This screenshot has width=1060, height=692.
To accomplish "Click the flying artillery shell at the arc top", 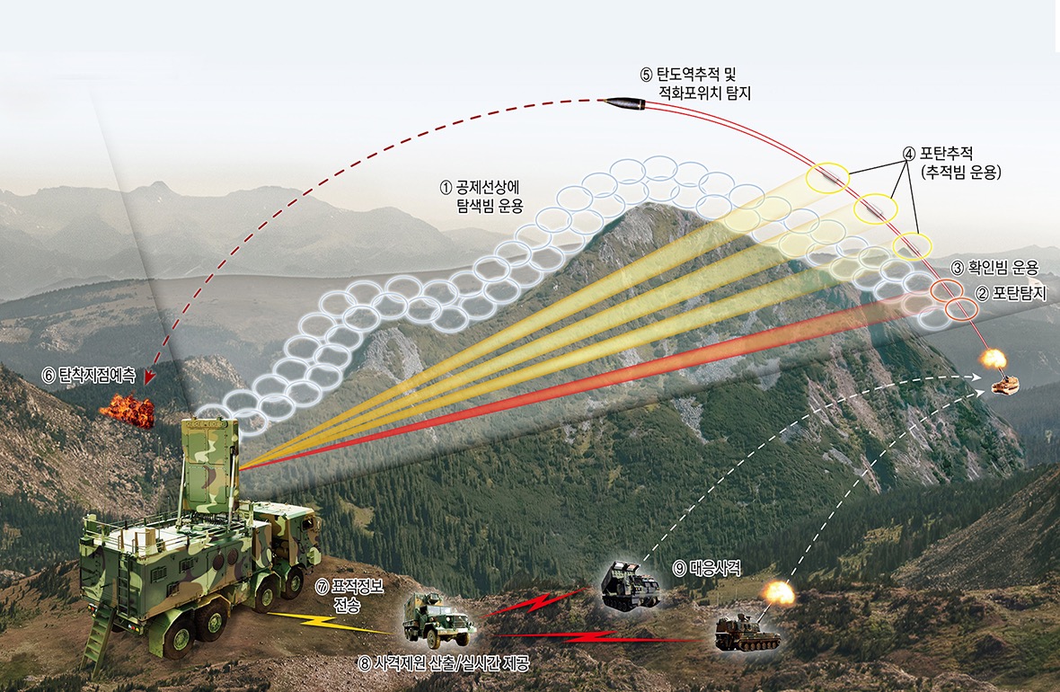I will pos(624,104).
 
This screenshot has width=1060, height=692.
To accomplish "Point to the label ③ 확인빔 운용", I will pos(994,268).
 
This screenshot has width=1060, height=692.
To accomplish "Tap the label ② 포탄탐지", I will pos(1011,292).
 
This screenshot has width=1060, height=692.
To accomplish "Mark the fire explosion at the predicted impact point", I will pos(127,409).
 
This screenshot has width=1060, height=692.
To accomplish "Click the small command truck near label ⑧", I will pos(438,618).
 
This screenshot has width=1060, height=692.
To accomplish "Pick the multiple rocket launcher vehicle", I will pos(631,587).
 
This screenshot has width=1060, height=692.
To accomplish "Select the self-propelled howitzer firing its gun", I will pos(747,632).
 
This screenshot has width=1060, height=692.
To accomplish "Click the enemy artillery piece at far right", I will pos(1004,386).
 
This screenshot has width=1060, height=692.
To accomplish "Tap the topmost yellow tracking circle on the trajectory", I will pos(826,177).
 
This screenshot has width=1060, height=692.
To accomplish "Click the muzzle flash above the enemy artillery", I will pos(994,359).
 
